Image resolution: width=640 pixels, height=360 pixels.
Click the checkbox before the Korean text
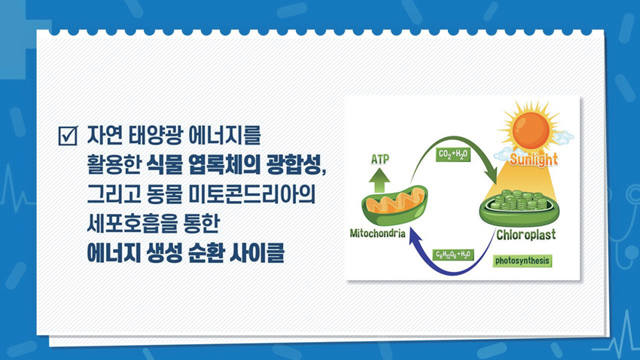tap(67, 136)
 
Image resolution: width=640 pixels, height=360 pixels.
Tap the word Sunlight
tap(534, 160)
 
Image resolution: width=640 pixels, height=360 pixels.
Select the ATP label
tap(379, 159)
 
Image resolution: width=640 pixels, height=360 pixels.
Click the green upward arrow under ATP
tap(379, 181)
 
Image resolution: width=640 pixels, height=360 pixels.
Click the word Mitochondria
tap(377, 233)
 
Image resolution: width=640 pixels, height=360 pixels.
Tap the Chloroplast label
tap(526, 235)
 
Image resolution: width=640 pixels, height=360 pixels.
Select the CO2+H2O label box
tap(453, 154)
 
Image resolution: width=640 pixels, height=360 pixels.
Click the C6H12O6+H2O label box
tap(453, 255)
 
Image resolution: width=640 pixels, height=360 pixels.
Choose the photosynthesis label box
tap(523, 261)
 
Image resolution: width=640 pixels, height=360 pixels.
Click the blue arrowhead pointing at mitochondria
tap(416, 237)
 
